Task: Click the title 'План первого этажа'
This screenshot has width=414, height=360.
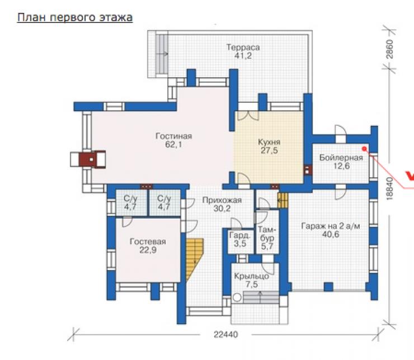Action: coord(75,18)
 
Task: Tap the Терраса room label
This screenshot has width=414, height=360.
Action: coord(243,48)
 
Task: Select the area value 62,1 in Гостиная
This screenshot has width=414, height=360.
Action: coord(173,145)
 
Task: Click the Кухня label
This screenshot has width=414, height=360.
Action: coord(269,142)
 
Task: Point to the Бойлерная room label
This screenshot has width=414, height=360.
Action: coord(341,158)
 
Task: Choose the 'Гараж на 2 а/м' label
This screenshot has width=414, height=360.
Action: coord(331,226)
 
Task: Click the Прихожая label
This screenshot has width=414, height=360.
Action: coord(222,200)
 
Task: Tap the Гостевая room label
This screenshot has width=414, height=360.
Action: coord(148,241)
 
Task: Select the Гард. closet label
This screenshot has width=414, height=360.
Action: coord(239,235)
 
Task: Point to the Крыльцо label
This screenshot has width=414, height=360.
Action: coord(251,276)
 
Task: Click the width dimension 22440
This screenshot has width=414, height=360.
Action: coord(226,335)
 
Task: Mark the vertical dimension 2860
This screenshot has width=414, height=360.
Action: coord(390,49)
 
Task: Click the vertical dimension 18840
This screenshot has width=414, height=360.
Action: coord(390,188)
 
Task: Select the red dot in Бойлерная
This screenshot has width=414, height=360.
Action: coord(364,149)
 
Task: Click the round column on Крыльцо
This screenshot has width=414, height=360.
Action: coord(237,297)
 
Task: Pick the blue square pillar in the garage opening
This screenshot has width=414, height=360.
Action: coord(328,287)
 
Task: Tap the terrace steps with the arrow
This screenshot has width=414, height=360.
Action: coord(162,54)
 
